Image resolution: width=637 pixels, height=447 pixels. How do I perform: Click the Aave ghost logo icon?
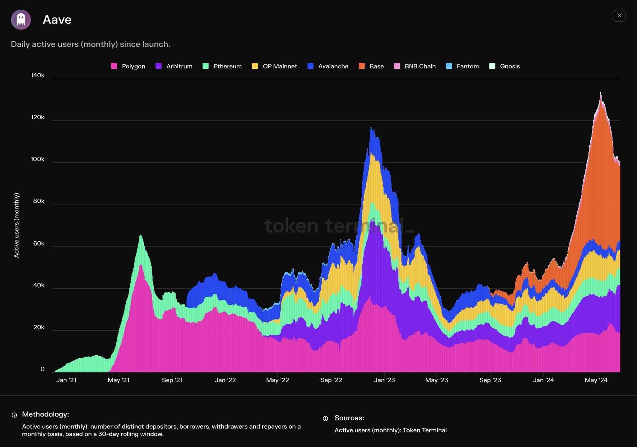pos(21,20)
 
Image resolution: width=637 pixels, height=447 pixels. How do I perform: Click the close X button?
pos(619,16)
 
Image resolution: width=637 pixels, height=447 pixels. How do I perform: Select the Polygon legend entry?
pos(128,66)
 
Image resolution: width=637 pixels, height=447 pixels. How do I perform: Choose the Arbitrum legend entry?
pos(174,66)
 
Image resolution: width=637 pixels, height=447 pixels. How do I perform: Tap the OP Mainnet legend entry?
pos(275,66)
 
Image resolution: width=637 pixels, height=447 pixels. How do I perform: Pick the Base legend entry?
pos(371,66)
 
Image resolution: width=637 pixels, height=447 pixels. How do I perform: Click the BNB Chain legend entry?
pos(415,66)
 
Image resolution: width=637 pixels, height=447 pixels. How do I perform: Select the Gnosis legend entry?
pos(504,66)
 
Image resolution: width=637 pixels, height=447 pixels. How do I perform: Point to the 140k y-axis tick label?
pos(38,76)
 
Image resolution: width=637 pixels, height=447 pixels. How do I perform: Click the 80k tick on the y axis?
pos(39,201)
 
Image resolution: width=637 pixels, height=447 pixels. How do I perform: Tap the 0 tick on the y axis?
pos(43,369)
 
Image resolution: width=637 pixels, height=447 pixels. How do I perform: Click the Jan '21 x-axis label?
pos(66,380)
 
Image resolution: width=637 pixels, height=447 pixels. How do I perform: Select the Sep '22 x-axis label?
pos(331,380)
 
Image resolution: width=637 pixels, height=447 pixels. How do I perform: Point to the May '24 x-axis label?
pos(596,380)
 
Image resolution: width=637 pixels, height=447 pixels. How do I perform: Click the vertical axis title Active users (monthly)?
pos(16,225)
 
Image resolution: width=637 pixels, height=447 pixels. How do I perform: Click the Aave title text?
pos(57,20)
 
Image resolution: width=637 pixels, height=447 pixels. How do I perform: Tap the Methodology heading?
pos(45,414)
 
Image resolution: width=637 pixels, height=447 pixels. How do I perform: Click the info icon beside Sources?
pos(325,419)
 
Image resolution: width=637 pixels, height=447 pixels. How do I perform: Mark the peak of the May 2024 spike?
pos(601,93)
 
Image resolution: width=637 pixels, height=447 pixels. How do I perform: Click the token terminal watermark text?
pos(339,225)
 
